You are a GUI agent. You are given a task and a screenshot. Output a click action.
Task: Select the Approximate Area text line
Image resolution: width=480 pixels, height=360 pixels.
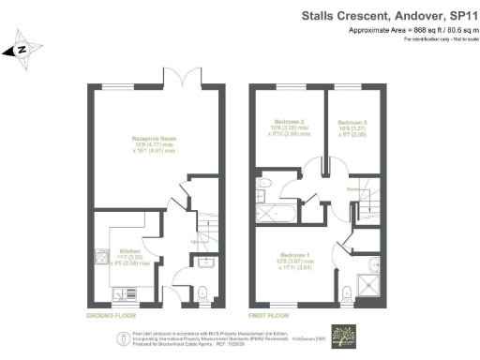pyautogui.click(x=412, y=31)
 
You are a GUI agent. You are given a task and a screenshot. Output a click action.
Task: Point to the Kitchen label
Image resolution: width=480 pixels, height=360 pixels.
pyautogui.click(x=128, y=253)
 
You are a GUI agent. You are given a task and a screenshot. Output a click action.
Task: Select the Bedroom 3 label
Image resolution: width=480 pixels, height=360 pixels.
pyautogui.click(x=352, y=125)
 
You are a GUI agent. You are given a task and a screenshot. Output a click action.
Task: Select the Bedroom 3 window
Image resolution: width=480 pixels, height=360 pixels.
pyautogui.click(x=352, y=85)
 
